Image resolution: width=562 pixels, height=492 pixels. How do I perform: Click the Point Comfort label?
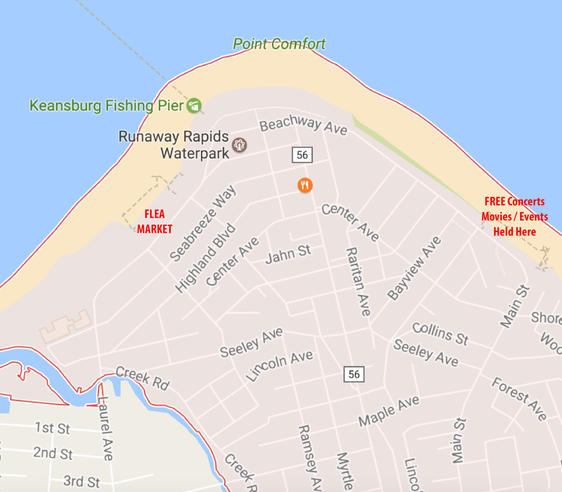pos(279,44)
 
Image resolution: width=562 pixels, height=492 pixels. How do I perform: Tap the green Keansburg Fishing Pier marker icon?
pos(194,105)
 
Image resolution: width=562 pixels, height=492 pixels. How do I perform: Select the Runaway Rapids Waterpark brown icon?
pos(240,145)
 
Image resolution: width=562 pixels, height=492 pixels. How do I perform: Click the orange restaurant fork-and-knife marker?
pos(305,185)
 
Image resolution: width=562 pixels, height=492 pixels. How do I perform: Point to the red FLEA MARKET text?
pos(155,222)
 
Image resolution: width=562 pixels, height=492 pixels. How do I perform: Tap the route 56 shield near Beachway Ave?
pos(302,155)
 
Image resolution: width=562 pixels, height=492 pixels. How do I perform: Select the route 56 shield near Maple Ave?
pos(354,374)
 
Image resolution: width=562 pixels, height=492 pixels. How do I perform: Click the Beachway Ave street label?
pos(303,125)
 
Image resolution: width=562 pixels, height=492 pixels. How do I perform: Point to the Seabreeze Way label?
pos(203,223)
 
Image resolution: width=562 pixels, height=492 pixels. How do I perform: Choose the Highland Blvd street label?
pos(205,258)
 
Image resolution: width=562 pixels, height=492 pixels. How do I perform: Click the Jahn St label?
pos(288,254)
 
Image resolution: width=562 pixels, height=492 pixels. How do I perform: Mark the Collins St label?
pos(440,333)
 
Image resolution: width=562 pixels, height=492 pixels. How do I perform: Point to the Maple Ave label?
pos(389,411)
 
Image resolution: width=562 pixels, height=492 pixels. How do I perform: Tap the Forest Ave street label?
pos(519,399)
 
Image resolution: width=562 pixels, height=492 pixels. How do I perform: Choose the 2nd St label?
pos(53,453)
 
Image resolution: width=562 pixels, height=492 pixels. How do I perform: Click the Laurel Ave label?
pos(105,428)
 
